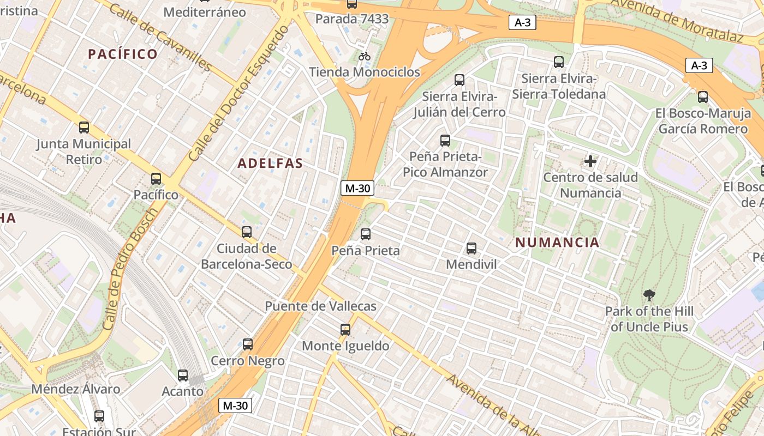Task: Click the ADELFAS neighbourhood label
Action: click(270, 163)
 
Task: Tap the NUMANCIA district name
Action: click(557, 243)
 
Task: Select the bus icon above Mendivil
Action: click(471, 249)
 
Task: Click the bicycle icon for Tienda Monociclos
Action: click(365, 56)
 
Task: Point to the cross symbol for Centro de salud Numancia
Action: click(590, 161)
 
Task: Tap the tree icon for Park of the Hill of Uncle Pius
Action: click(649, 295)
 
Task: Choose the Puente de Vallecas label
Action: click(320, 306)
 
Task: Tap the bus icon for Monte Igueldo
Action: click(345, 330)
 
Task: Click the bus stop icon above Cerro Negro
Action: click(248, 344)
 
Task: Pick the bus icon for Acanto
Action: click(183, 376)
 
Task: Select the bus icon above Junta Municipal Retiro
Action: click(84, 128)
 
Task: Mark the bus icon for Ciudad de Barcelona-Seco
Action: click(247, 232)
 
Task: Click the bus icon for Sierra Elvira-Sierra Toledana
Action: click(559, 62)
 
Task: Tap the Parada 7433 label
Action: click(352, 19)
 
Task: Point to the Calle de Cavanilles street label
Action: click(160, 37)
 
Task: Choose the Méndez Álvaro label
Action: click(75, 389)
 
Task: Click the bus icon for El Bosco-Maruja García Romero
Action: click(703, 97)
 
